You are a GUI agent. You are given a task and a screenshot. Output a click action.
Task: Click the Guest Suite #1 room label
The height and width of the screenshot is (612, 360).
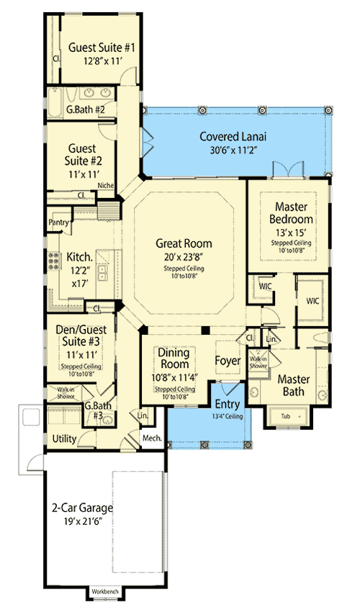[x=102, y=48]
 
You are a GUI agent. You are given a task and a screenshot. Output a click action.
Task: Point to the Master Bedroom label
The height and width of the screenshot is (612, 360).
[x=291, y=212]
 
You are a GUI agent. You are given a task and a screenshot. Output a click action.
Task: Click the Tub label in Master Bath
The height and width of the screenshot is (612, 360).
[x=284, y=416]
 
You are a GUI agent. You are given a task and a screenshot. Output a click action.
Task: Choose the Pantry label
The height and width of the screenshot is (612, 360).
[x=58, y=223]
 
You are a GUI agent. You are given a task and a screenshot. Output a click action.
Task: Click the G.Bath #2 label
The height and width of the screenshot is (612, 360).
[x=86, y=110]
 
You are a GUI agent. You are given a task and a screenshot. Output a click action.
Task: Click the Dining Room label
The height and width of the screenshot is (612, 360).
[x=174, y=359]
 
